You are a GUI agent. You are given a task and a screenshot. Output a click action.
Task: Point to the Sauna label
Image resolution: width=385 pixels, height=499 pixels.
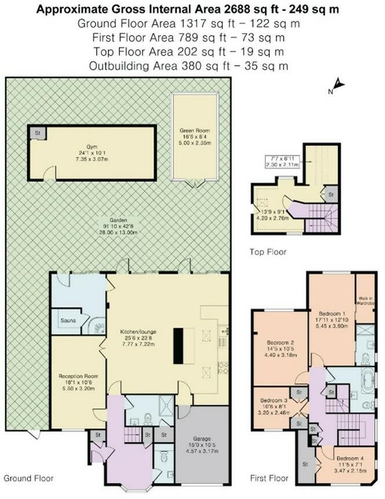(69, 319)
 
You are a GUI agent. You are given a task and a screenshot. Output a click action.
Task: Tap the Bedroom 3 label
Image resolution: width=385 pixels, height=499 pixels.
(274, 400)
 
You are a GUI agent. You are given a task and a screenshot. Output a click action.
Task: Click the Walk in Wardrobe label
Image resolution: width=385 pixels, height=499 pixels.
(364, 301)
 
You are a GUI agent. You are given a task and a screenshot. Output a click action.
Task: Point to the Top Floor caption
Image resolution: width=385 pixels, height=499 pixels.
(268, 252)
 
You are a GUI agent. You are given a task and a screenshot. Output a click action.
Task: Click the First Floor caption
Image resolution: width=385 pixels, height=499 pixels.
(269, 479)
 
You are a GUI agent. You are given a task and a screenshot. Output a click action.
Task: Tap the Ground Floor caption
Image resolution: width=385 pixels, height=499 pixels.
(29, 478)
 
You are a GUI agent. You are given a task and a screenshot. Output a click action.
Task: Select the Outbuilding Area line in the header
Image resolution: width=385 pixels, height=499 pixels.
(189, 65)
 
